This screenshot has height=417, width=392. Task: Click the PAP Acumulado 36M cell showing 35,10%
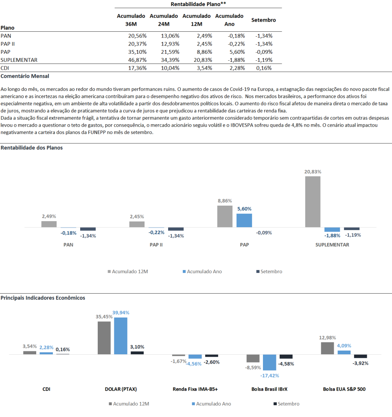[137, 52]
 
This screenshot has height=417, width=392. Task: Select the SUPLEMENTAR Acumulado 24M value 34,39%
[170, 60]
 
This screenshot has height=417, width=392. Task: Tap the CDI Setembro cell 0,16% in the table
[264, 68]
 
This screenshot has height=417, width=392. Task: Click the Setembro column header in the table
[263, 20]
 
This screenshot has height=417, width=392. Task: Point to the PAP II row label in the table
[8, 44]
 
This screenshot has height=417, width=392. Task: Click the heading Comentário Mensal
[25, 76]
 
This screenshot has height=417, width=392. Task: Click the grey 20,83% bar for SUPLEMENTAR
[313, 202]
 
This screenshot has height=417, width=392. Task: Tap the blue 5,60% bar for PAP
[244, 220]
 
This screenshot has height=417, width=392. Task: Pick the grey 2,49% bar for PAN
[49, 224]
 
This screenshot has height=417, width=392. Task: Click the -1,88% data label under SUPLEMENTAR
[332, 236]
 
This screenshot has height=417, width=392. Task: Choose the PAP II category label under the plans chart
[156, 245]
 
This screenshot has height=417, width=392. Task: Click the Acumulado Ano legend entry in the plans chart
[202, 272]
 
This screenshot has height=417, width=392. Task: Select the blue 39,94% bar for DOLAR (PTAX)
[120, 336]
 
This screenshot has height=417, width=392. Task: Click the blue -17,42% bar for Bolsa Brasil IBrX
[269, 362]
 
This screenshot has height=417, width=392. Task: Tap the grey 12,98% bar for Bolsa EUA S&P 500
[327, 349]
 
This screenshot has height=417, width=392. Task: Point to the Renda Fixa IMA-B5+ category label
[195, 389]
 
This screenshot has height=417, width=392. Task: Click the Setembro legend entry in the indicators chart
[287, 404]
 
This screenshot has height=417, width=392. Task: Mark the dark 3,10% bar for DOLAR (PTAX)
[137, 353]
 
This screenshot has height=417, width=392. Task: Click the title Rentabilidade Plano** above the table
[198, 4]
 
